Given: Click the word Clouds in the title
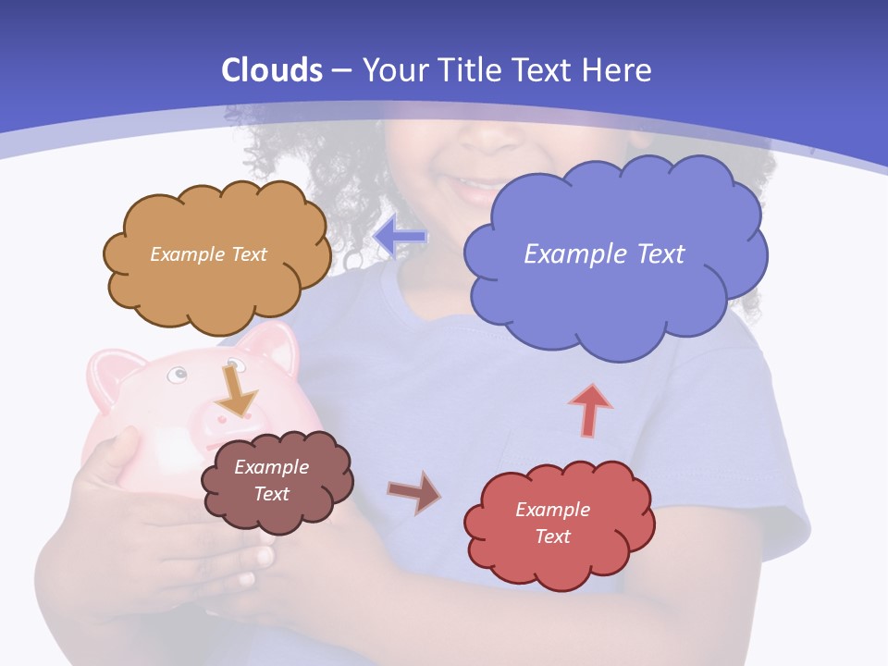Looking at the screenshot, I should pyautogui.click(x=272, y=70).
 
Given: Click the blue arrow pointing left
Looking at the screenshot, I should pyautogui.click(x=400, y=237).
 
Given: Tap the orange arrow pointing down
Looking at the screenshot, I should pyautogui.click(x=237, y=389).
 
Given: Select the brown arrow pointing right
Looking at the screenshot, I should pyautogui.click(x=414, y=493).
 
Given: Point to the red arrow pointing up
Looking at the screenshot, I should pyautogui.click(x=590, y=410).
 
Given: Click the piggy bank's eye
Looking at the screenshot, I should pyautogui.click(x=178, y=374).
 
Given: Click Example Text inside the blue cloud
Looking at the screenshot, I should pyautogui.click(x=604, y=253).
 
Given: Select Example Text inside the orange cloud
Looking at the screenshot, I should pyautogui.click(x=208, y=253).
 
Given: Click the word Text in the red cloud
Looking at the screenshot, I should pyautogui.click(x=552, y=536).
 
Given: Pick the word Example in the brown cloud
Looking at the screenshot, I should pyautogui.click(x=271, y=467).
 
